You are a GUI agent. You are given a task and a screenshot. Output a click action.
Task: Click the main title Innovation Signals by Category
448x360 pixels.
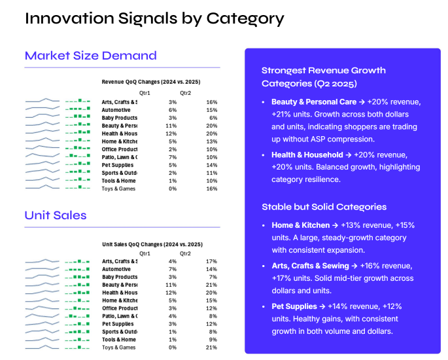tap(154, 18)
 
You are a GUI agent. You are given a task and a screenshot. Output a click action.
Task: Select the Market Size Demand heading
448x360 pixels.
tap(91, 56)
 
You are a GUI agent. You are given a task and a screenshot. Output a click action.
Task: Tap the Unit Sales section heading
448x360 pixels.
tap(56, 215)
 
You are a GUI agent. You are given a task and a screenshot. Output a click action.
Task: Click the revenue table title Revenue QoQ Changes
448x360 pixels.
tap(150, 82)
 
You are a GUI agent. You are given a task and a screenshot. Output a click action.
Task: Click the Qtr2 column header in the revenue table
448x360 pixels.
tap(186, 93)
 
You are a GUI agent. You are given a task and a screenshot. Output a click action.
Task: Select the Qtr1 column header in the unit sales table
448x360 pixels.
tap(145, 253)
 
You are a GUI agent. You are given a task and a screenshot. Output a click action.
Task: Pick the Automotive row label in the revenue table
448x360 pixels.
tap(116, 110)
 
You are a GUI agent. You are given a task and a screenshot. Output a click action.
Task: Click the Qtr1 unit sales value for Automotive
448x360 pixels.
tap(173, 269)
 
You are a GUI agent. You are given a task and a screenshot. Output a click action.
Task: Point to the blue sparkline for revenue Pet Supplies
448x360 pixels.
tap(43, 164)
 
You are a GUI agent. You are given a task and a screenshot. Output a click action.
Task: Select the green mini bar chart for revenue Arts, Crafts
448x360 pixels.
tap(78, 101)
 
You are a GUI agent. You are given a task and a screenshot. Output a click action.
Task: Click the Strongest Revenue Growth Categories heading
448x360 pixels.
tap(323, 77)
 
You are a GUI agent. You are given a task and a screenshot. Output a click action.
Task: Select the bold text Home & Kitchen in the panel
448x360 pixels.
tap(301, 225)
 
